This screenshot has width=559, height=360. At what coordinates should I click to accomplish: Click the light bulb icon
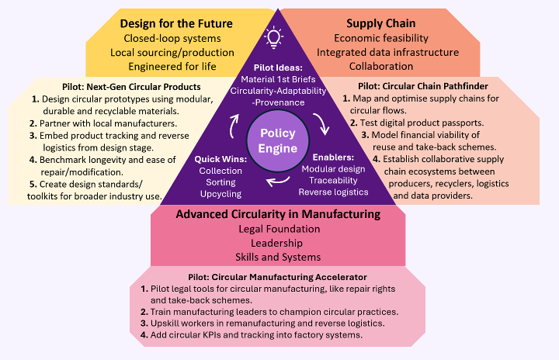click(x=273, y=37)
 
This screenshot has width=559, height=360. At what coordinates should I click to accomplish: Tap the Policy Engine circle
click(x=278, y=140)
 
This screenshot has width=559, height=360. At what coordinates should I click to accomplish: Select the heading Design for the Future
click(x=176, y=23)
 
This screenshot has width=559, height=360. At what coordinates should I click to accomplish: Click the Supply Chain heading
click(x=380, y=23)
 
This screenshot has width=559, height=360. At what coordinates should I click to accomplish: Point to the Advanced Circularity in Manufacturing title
click(x=278, y=214)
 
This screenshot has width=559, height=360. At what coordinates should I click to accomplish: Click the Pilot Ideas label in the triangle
click(x=278, y=67)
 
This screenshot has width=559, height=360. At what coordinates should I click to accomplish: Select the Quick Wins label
click(x=220, y=159)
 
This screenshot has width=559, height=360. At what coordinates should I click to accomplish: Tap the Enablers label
click(x=333, y=157)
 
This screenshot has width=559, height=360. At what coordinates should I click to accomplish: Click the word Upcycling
click(x=220, y=194)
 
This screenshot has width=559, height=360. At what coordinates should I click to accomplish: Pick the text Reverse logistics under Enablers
click(x=333, y=192)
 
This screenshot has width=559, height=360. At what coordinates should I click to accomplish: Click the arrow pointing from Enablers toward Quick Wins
click(x=279, y=181)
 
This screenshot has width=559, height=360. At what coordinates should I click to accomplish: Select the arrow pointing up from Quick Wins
click(x=234, y=126)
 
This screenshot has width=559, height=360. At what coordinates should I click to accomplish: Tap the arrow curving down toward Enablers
click(x=321, y=124)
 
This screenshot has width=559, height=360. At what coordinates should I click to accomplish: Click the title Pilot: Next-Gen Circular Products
click(x=131, y=87)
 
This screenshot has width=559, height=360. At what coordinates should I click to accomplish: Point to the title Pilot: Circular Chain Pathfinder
click(x=423, y=86)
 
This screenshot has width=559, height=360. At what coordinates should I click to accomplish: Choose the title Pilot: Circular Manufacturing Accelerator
click(x=277, y=277)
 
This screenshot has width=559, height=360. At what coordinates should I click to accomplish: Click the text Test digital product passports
click(x=422, y=123)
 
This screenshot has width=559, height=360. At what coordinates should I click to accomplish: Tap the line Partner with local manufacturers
click(x=109, y=123)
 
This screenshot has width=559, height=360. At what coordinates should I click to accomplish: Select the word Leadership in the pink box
click(x=276, y=243)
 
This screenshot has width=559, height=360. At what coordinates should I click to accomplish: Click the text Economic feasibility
click(x=381, y=38)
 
